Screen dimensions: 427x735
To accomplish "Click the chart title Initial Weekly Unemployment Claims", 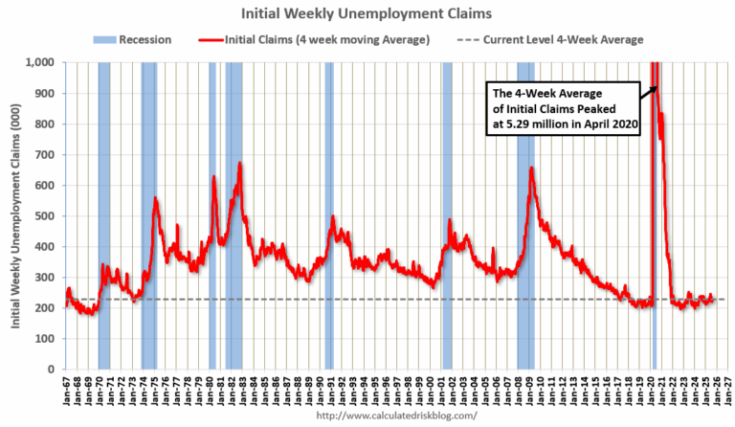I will [x=367, y=13].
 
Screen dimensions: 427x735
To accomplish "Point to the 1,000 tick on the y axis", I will [x=41, y=62].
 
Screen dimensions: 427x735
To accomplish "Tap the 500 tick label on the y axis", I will [x=45, y=215].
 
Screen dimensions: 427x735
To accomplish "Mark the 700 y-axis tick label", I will [x=45, y=154].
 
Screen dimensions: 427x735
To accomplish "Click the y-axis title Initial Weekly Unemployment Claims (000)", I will [x=16, y=215].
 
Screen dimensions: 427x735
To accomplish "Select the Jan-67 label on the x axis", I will [x=64, y=393].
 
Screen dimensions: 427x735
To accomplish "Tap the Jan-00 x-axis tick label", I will [x=431, y=393].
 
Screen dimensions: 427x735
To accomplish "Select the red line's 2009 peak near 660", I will [x=531, y=169].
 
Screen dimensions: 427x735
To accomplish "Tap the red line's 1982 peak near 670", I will [x=239, y=164].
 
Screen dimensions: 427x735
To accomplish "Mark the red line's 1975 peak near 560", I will [x=155, y=198].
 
